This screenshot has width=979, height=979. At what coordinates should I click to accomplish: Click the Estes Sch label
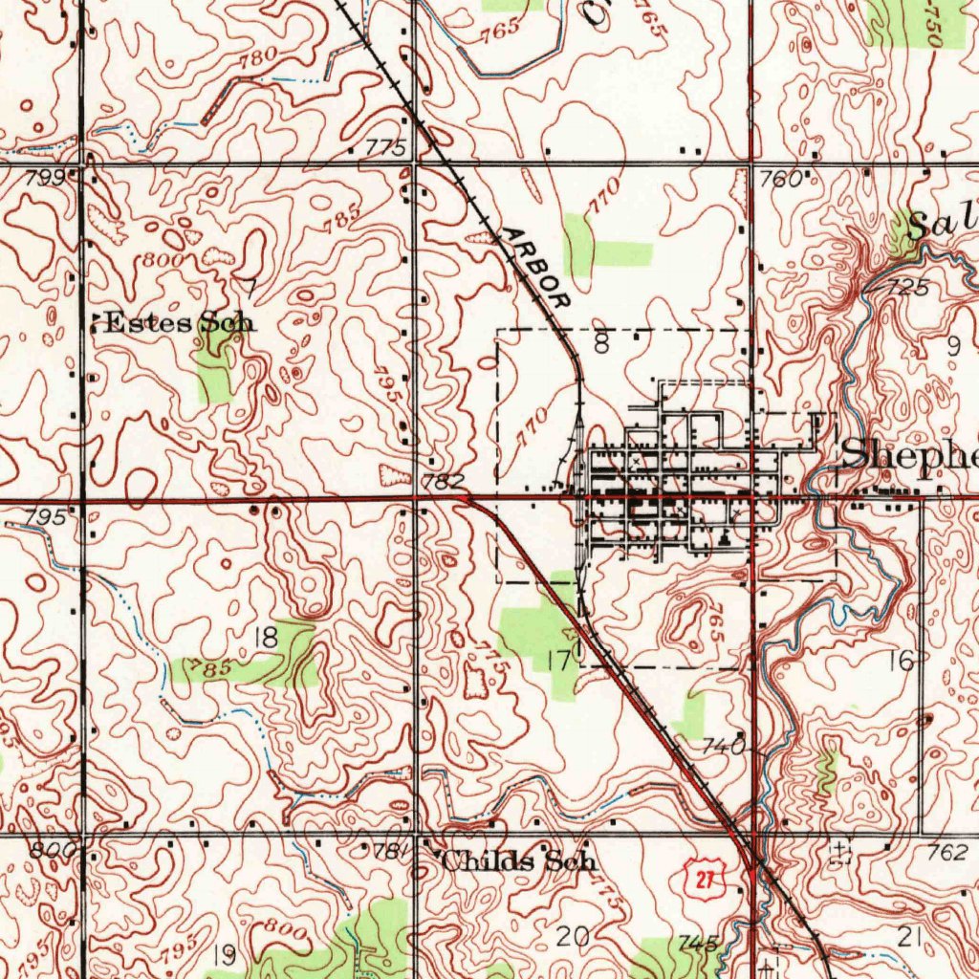(x=178, y=322)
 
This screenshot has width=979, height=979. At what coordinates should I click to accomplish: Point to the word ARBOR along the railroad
(x=534, y=268)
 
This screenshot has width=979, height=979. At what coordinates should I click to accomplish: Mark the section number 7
(x=250, y=286)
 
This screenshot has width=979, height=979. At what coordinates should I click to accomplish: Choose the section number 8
(x=600, y=344)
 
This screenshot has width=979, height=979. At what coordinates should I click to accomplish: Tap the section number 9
(x=952, y=347)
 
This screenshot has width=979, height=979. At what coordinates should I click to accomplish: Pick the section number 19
(x=225, y=953)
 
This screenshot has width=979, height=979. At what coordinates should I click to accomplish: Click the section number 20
(x=573, y=937)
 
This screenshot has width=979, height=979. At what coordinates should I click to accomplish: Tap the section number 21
(x=910, y=938)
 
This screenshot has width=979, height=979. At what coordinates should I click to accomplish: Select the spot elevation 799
(x=53, y=177)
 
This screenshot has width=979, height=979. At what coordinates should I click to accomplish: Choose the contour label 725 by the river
(x=905, y=288)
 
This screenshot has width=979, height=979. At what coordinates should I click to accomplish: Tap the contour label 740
(x=724, y=747)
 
